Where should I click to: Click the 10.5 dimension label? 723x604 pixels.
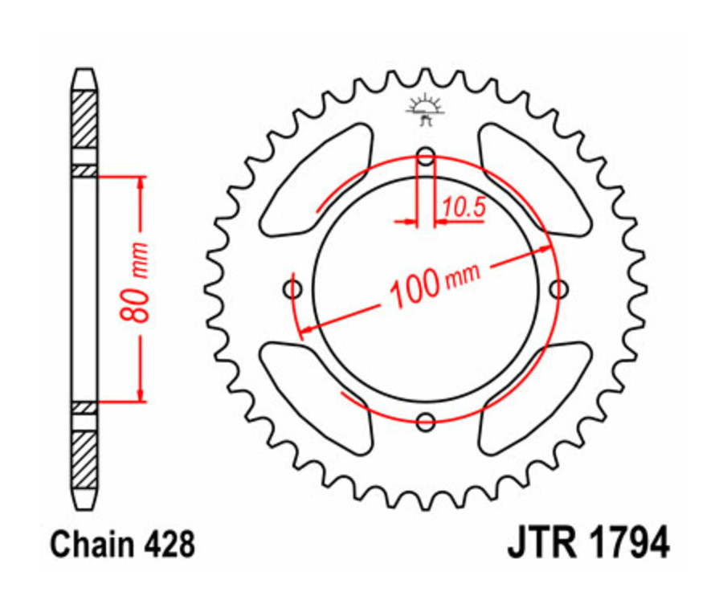(463, 208)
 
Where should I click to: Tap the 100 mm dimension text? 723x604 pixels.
(434, 282)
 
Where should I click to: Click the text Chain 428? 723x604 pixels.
(122, 545)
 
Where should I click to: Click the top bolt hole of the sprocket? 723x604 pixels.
(426, 156)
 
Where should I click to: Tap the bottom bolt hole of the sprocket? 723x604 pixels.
(426, 420)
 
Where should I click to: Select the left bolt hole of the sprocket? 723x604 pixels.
(293, 288)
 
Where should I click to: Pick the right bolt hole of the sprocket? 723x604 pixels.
(558, 288)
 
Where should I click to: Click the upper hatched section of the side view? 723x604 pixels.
(84, 120)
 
